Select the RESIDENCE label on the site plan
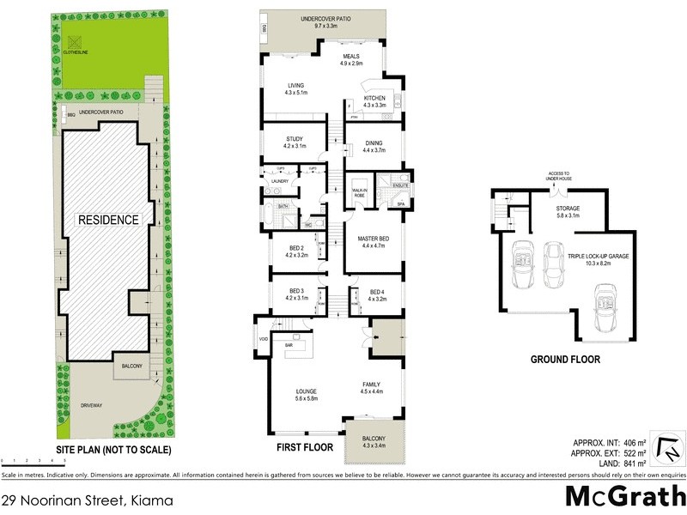coord(109,220)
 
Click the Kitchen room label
coord(375,102)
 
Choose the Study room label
coord(295,142)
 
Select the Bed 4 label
coord(377,296)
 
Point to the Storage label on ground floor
coord(568,211)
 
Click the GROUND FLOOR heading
coord(564,360)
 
